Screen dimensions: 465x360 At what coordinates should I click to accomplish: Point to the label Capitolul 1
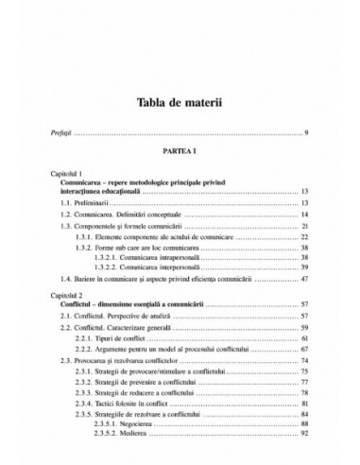pos(74,176)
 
